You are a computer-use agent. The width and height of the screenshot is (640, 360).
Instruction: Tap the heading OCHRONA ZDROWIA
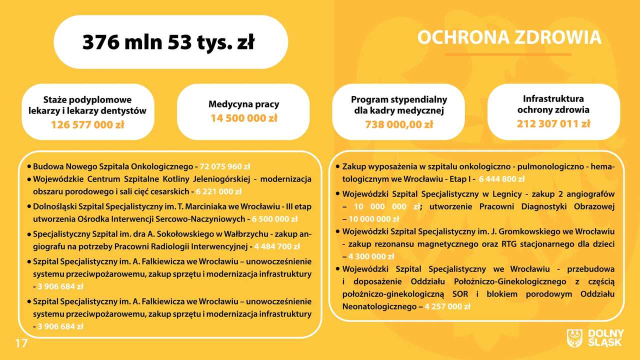(509, 37)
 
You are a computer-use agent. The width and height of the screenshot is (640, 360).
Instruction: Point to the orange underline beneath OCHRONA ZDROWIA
(507, 54)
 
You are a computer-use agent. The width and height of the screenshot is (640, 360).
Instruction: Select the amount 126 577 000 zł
(87, 125)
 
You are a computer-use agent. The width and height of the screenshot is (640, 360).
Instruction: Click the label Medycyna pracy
(243, 104)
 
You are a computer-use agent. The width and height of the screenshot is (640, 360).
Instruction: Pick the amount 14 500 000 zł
(244, 118)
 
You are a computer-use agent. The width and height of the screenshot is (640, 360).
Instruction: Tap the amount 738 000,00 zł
(399, 124)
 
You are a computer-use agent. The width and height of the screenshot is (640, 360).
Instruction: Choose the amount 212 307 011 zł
(553, 123)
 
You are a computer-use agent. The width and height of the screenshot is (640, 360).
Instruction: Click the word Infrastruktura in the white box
(553, 99)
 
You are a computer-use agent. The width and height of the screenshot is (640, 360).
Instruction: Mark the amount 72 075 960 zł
(225, 166)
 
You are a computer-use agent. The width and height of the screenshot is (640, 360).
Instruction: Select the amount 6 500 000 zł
(274, 219)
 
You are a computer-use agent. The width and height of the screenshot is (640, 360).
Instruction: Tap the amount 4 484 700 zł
(277, 246)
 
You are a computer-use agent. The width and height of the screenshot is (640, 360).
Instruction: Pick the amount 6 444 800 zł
(501, 179)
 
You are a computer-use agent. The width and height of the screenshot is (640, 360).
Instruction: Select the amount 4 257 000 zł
(447, 306)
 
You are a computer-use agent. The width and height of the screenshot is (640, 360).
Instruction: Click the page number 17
(21, 343)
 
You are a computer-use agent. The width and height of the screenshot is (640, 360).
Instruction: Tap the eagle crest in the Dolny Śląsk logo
(574, 338)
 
